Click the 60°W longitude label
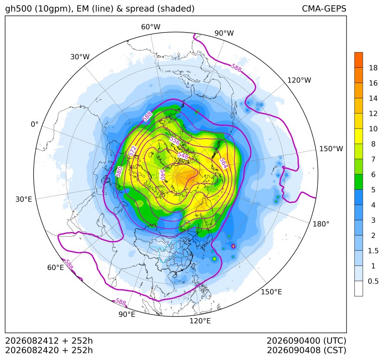(150, 27)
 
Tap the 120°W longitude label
(299, 80)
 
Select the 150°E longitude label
(271, 292)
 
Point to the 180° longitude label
(321, 224)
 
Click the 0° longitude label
(34, 124)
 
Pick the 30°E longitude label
(24, 199)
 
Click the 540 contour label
(162, 175)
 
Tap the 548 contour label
(183, 156)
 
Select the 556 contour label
(175, 141)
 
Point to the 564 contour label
(223, 163)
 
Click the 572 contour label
(132, 151)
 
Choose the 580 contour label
(119, 172)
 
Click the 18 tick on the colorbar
(373, 68)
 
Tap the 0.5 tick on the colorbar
(373, 281)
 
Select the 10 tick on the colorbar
(373, 129)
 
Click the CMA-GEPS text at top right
(324, 8)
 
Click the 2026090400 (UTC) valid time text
(306, 341)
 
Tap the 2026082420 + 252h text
(49, 350)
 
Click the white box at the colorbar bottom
(358, 289)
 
